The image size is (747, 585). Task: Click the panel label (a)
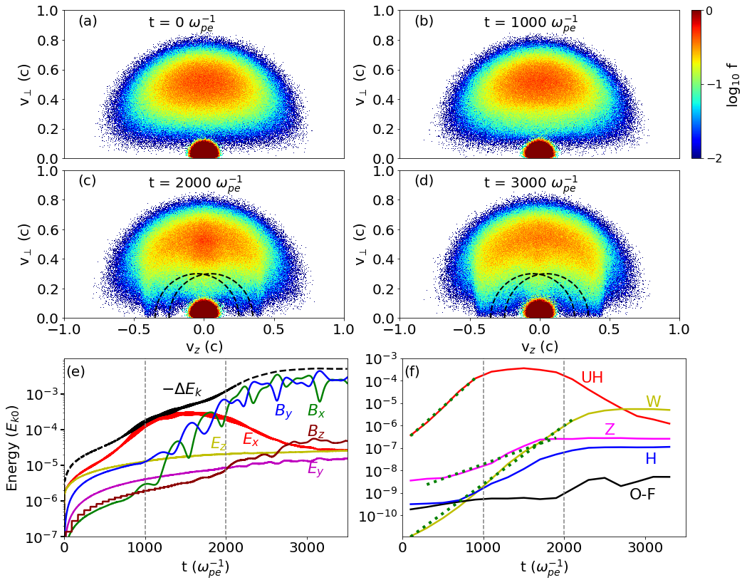click(x=88, y=21)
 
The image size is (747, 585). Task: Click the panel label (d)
click(x=424, y=181)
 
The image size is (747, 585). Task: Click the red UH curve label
click(x=592, y=378)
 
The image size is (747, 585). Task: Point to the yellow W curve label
click(x=653, y=402)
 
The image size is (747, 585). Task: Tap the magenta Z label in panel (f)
click(x=610, y=429)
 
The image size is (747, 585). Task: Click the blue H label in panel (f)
click(x=650, y=459)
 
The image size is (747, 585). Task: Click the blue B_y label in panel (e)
click(x=284, y=411)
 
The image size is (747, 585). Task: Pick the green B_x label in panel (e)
click(x=317, y=411)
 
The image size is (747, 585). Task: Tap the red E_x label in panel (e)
click(x=251, y=440)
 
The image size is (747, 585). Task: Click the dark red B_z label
click(x=317, y=431)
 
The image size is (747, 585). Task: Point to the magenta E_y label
click(x=316, y=469)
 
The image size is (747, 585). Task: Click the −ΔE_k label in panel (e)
click(x=182, y=389)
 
